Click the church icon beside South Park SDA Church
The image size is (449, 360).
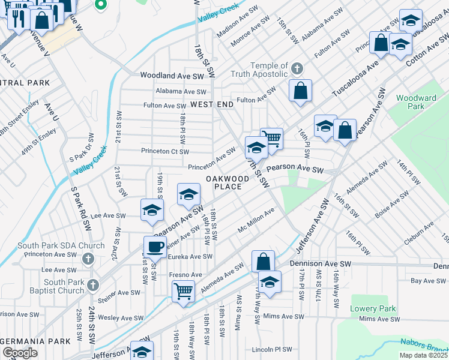88,259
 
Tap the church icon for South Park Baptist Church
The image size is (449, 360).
92,285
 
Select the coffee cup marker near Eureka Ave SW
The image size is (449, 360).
155,246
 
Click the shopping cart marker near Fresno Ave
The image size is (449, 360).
183,292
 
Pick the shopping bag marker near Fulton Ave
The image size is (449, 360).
300,91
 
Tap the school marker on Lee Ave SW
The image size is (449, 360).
152,210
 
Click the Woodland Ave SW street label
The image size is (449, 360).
172,76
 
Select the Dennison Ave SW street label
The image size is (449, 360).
320,263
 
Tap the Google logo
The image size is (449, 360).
20,353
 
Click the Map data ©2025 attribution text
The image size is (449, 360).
424,355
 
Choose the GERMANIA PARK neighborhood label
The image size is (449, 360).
35,341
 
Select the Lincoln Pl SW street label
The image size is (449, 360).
271,349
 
